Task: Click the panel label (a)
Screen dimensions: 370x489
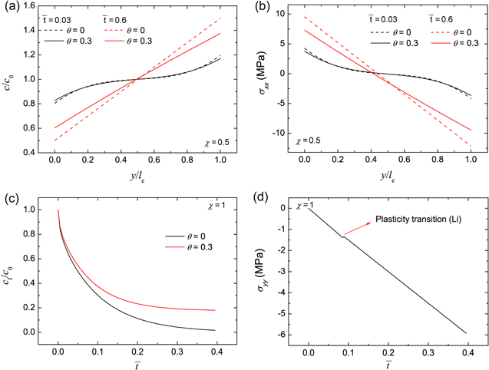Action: pyautogui.click(x=11, y=8)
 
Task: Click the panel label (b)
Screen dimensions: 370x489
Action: pyautogui.click(x=256, y=8)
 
